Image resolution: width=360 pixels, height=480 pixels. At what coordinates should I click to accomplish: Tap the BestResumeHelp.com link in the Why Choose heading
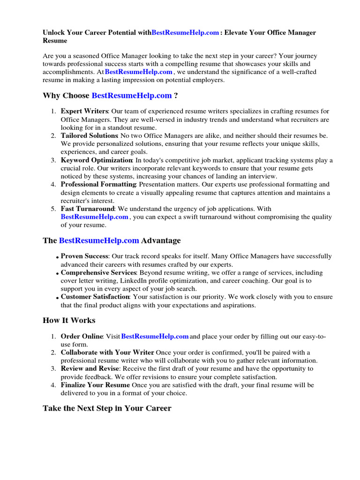pyautogui.click(x=132, y=96)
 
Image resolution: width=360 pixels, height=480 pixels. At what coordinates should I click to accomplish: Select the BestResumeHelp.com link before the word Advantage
pyautogui.click(x=99, y=240)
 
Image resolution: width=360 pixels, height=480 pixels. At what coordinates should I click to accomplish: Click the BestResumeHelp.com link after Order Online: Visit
pyautogui.click(x=155, y=336)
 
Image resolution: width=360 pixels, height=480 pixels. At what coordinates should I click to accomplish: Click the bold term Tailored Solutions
pyautogui.click(x=89, y=135)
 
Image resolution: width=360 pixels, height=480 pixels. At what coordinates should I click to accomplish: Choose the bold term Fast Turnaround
pyautogui.click(x=87, y=209)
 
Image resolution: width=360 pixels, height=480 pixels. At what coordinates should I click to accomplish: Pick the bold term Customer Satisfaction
pyautogui.click(x=95, y=297)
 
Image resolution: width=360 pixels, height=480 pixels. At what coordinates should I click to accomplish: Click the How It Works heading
pyautogui.click(x=69, y=321)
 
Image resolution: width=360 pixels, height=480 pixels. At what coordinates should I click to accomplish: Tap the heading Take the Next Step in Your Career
pyautogui.click(x=107, y=408)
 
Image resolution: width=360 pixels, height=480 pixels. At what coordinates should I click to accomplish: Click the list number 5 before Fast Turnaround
pyautogui.click(x=53, y=209)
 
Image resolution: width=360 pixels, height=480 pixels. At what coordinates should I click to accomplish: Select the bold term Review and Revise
pyautogui.click(x=90, y=368)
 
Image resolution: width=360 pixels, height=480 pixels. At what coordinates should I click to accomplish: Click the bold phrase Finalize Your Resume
pyautogui.click(x=95, y=385)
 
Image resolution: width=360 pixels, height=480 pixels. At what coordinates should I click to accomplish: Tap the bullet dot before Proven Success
pyautogui.click(x=57, y=257)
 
